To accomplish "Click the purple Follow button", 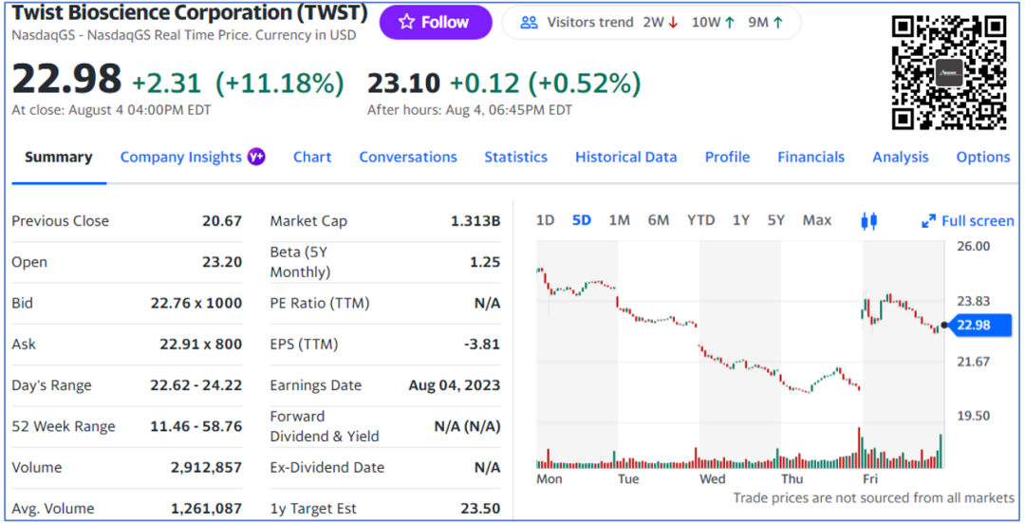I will point(436,22).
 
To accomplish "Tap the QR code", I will point(948,72).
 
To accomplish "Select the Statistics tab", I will point(515,158).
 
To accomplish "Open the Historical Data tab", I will point(625,158).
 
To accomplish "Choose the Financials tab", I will point(811,158).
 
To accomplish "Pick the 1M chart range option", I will point(619,220).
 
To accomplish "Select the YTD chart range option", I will point(700,220).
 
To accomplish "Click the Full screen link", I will point(967,221).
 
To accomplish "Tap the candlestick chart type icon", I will point(868,221).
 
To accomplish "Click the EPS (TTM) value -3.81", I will point(480,345).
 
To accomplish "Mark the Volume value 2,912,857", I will point(206,467).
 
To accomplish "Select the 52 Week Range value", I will point(196,426).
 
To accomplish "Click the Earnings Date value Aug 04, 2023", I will point(454,385).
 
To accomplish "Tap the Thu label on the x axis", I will point(792,479).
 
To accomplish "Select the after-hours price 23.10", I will point(403,84).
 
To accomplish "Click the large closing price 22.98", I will point(66,80).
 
